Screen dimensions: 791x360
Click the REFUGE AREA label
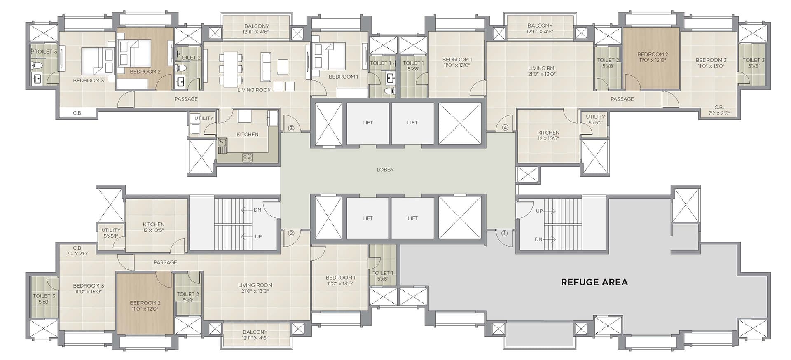coord(594,282)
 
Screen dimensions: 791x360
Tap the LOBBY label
coord(385,170)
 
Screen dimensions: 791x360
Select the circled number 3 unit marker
coord(291,128)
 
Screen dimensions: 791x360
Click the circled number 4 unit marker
coord(505,128)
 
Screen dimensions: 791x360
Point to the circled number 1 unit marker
coord(504,233)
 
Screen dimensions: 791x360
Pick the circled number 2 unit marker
coord(291,233)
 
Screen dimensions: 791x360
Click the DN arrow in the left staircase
coord(246,210)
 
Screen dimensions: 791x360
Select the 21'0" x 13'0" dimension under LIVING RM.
coord(542,74)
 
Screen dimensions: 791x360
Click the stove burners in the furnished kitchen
coord(247,157)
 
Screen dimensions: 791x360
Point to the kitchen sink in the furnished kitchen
coord(222,146)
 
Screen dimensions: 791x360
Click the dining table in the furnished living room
coord(231,69)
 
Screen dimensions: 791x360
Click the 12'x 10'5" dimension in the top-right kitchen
coord(548,138)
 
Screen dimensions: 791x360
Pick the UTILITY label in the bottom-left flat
coord(111,230)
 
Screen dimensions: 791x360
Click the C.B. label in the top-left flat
coord(77,113)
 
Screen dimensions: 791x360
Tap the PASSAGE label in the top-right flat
coord(622,99)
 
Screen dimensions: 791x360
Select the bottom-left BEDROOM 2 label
coord(145,303)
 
